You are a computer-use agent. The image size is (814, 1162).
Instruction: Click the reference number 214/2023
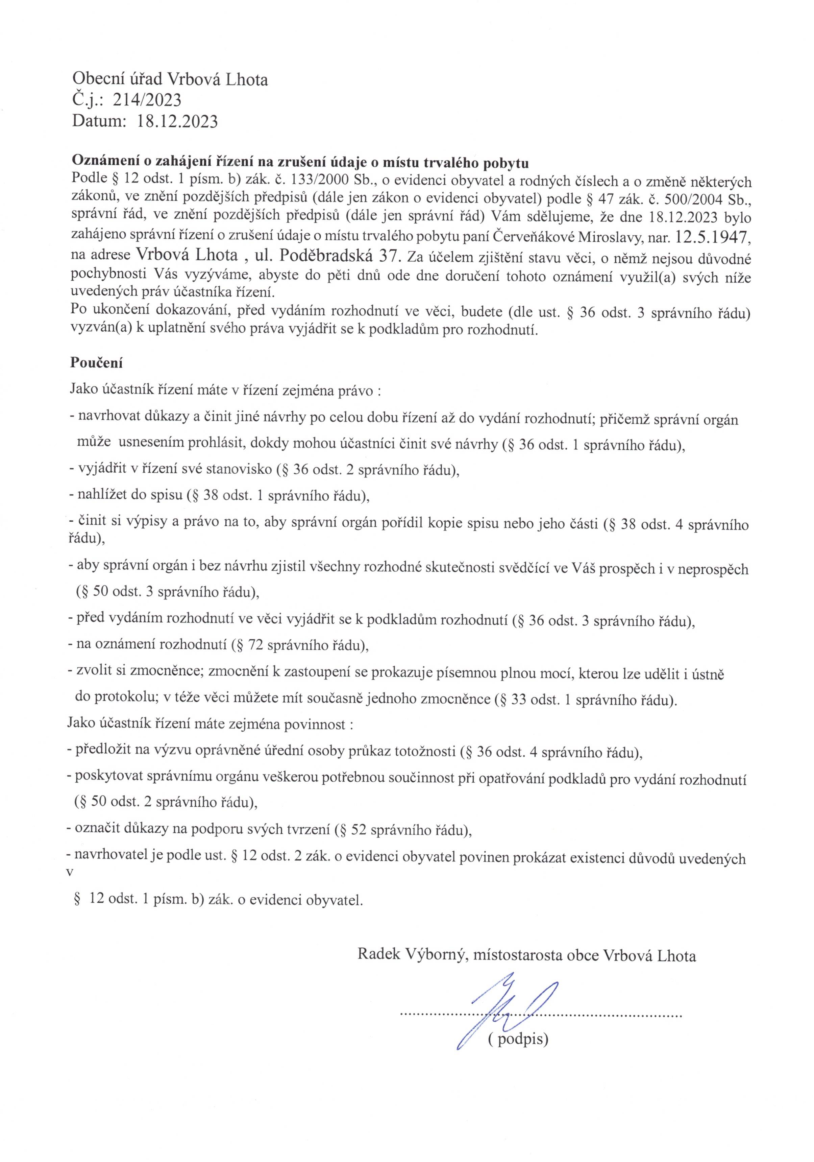pos(147,100)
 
